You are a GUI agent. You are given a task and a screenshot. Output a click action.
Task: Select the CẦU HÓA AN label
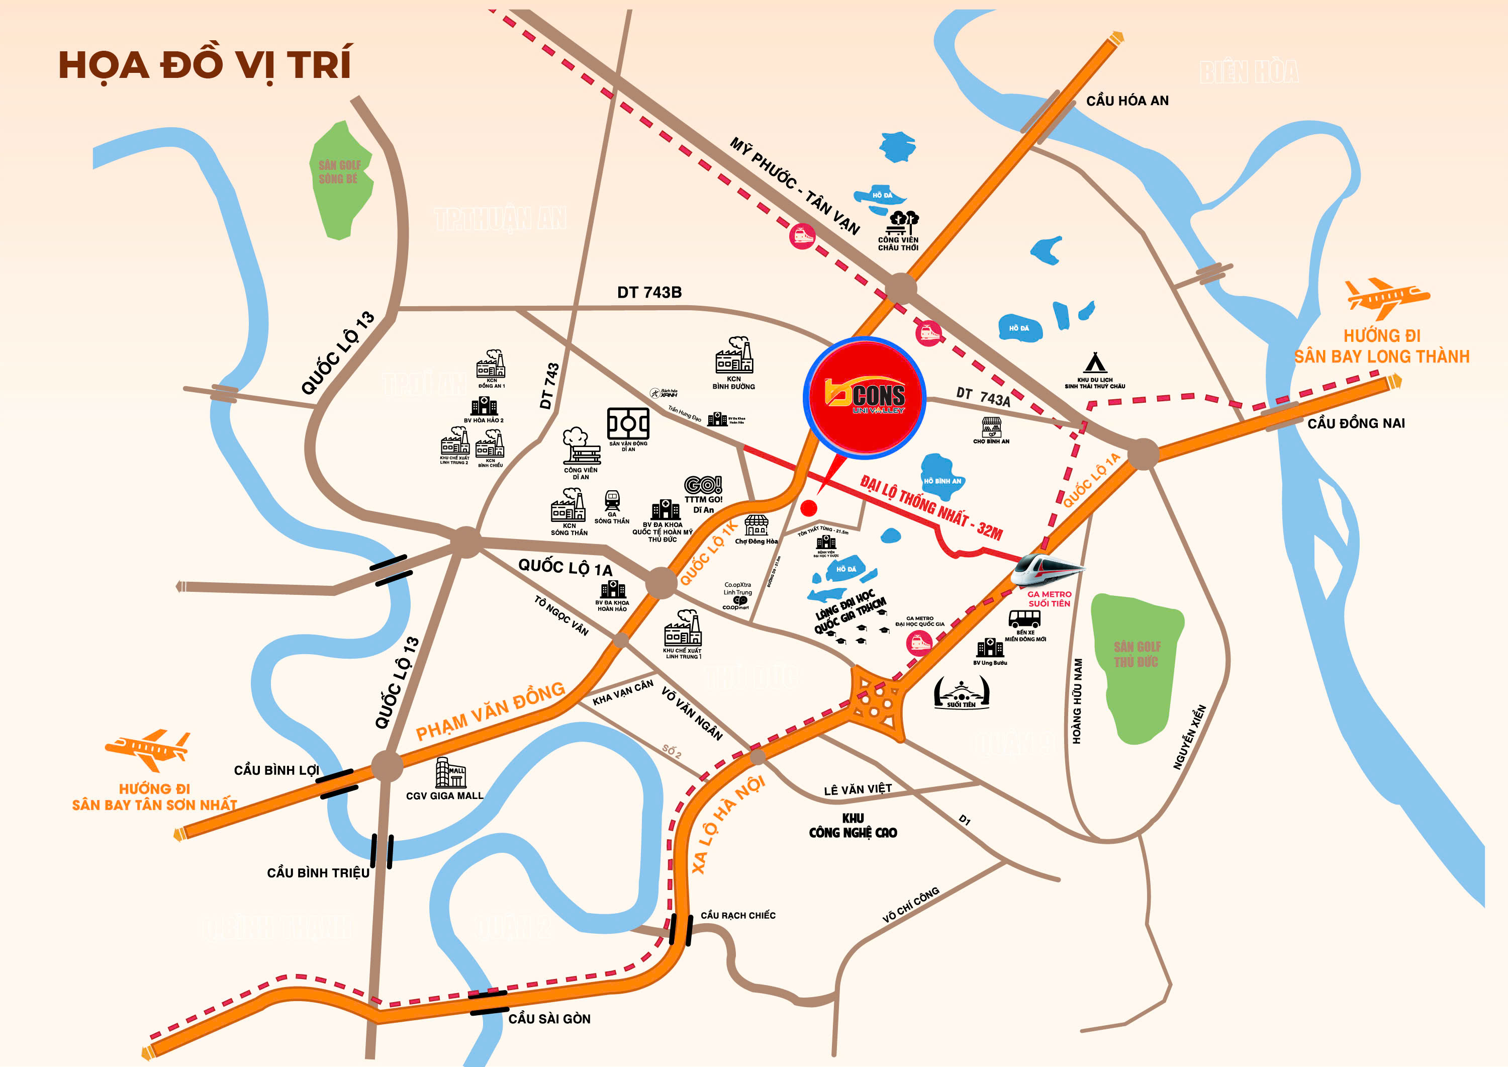(1127, 101)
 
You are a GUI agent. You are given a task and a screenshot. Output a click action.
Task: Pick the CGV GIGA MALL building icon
(450, 773)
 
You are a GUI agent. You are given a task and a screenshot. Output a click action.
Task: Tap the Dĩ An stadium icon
(628, 424)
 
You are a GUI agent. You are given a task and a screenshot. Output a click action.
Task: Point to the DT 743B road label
(649, 292)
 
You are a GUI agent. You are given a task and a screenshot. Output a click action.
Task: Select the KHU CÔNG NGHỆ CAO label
(853, 826)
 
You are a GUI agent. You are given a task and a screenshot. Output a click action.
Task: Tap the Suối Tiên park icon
(961, 692)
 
